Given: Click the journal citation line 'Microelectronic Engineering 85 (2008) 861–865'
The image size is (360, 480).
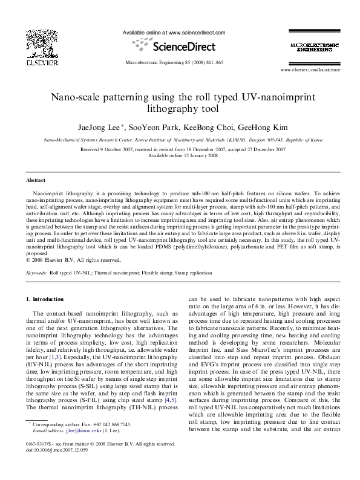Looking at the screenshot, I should tap(173, 62).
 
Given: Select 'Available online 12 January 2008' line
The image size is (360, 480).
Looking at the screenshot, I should tap(180, 155).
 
